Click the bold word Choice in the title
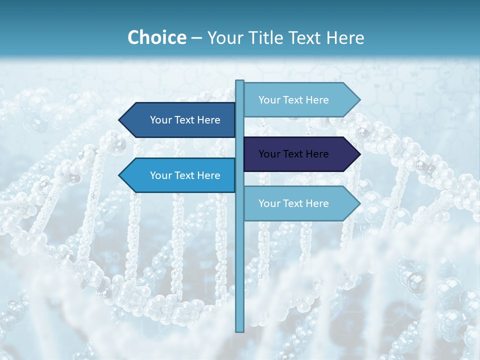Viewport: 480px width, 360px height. point(156,38)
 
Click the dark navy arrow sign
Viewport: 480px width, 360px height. point(300,154)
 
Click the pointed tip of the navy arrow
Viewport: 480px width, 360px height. point(359,154)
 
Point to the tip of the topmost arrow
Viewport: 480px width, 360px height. point(359,100)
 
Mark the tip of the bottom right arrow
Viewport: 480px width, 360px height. point(359,203)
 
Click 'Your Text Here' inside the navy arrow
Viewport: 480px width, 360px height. point(293,154)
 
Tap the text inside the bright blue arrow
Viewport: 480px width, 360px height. point(185,175)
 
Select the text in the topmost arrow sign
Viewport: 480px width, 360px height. point(293,100)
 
